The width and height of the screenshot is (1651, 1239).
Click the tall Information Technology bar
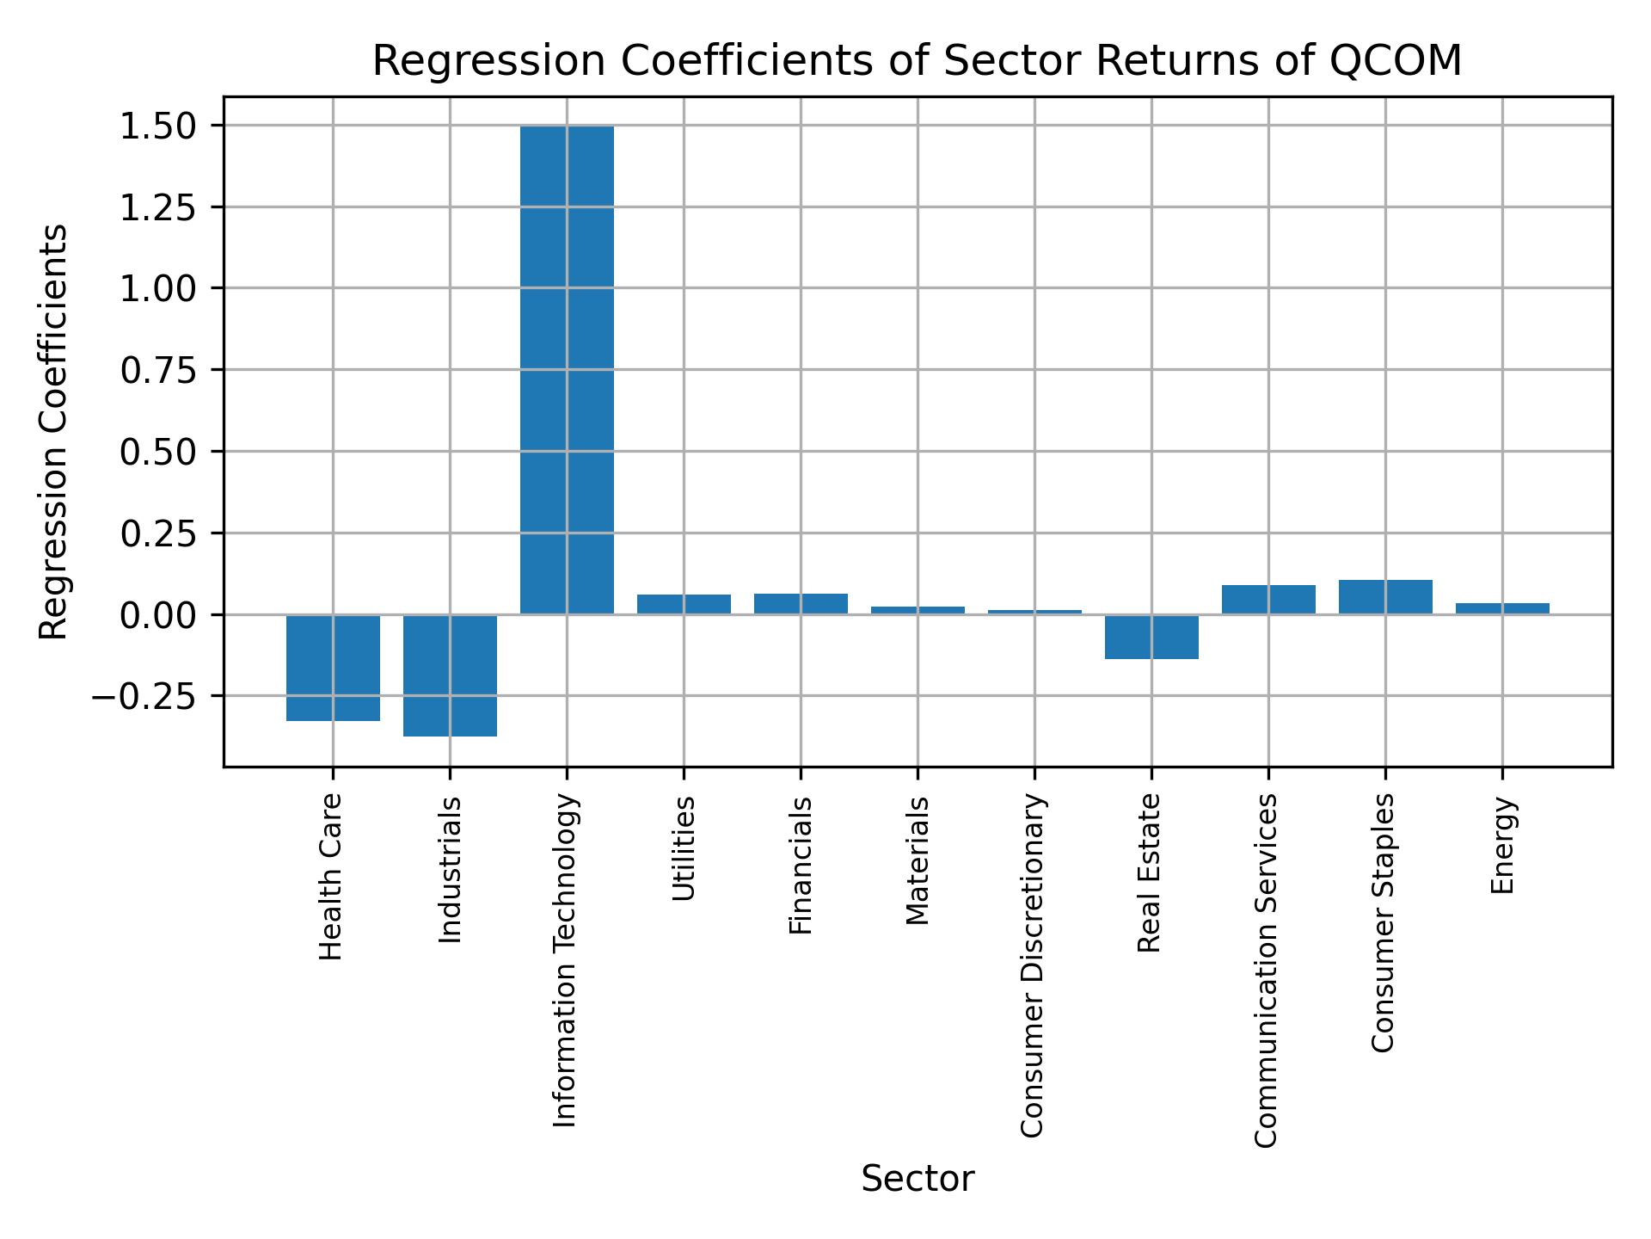[x=567, y=370]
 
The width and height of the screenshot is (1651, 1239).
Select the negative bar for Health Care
[x=333, y=668]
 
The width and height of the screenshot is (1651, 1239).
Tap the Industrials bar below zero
[x=450, y=675]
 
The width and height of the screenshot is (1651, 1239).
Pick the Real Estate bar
[x=1151, y=637]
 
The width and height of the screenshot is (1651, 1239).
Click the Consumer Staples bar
[x=1385, y=597]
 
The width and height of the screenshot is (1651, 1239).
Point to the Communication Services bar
[x=1268, y=600]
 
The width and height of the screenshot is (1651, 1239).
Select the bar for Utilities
[x=684, y=604]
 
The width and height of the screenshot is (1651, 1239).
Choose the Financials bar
[x=801, y=604]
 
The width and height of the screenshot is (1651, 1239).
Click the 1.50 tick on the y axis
[x=158, y=126]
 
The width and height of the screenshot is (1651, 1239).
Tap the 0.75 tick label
[x=158, y=371]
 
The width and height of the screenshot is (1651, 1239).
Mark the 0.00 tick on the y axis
[x=158, y=615]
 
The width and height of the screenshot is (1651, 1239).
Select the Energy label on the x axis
[x=1501, y=846]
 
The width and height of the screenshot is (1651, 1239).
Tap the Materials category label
[x=918, y=860]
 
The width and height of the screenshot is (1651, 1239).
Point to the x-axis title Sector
[x=918, y=1179]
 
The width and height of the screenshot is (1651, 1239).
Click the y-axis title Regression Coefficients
[x=54, y=432]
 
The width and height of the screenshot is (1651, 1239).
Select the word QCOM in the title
[x=1396, y=62]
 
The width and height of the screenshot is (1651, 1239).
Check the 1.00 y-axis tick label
[x=158, y=289]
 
